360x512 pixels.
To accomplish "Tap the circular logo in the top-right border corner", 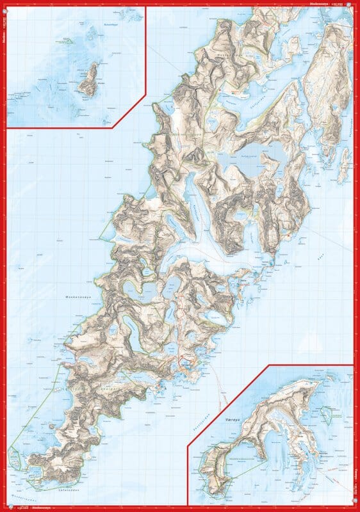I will pyautogui.click(x=355, y=4).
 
